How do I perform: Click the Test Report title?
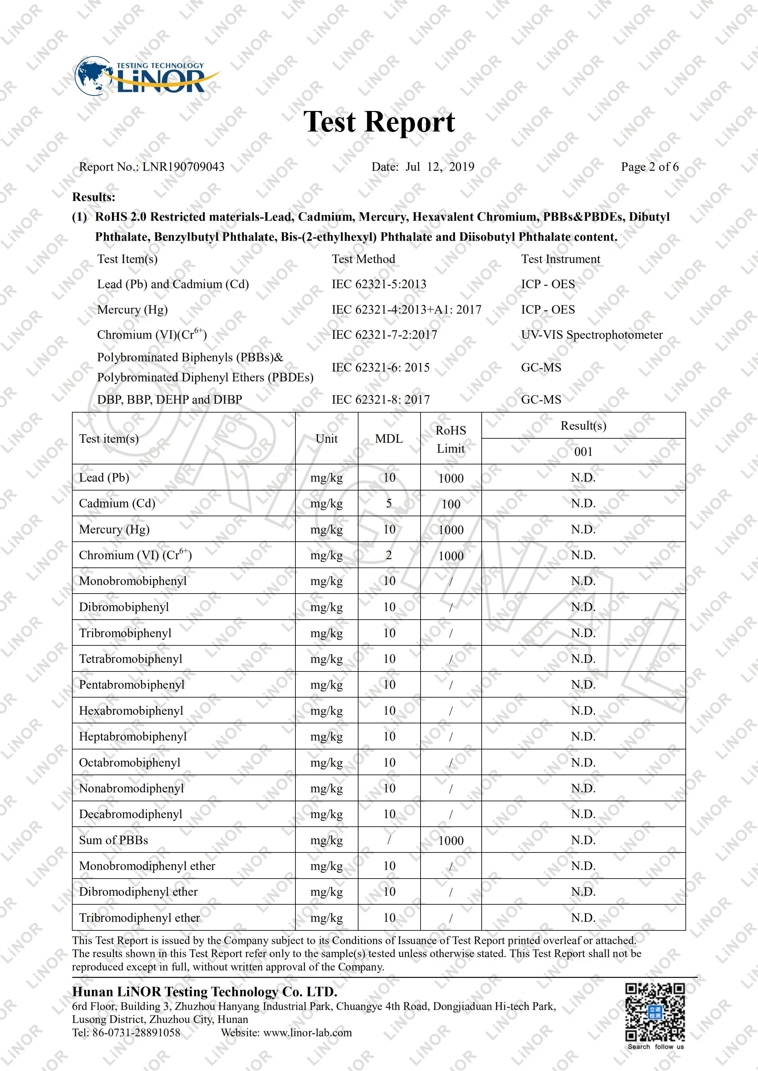coord(379,122)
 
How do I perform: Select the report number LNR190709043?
coord(183,167)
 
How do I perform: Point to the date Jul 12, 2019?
coord(439,167)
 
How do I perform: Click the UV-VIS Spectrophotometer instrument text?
coord(592,335)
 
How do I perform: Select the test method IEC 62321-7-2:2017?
coord(384,335)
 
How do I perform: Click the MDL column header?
coord(389,439)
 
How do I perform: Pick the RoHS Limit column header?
coord(450,439)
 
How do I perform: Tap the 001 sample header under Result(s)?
coord(583,452)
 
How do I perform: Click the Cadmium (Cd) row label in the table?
coord(117,503)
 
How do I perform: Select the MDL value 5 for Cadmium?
coord(389,503)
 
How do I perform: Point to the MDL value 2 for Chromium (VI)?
coord(389,555)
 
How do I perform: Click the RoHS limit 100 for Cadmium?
coord(451,504)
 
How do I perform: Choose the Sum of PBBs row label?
coord(113,840)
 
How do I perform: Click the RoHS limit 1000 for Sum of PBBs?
coord(451,841)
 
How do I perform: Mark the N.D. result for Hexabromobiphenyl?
coord(583,711)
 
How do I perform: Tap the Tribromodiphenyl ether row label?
coord(139,918)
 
